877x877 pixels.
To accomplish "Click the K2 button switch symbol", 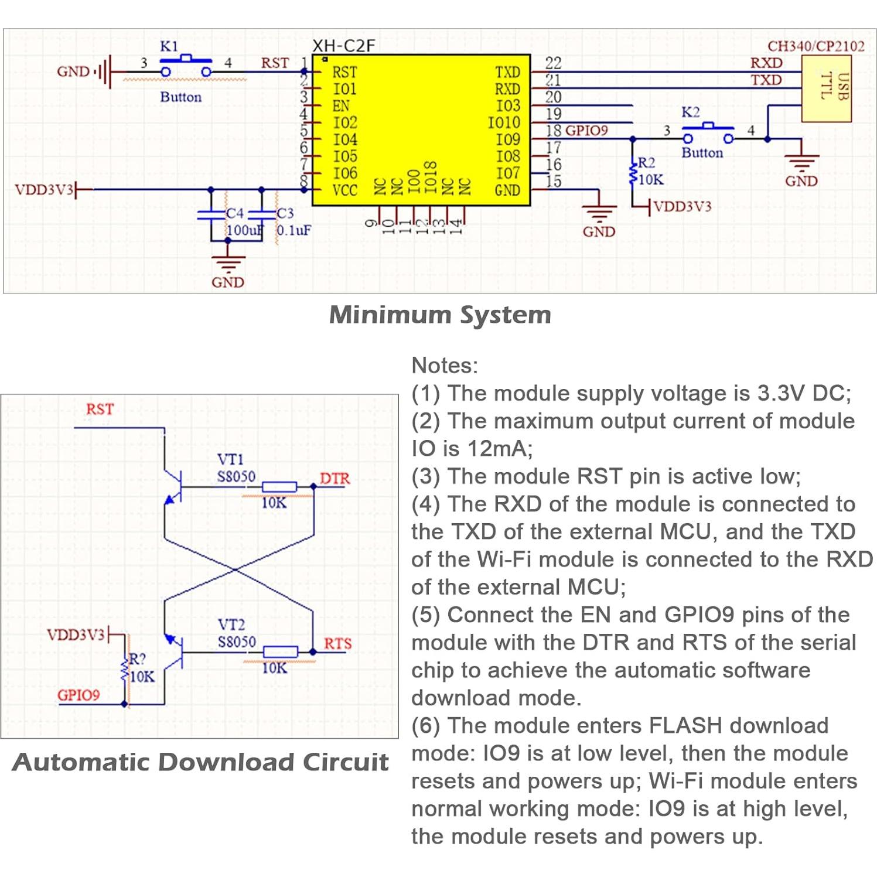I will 708,132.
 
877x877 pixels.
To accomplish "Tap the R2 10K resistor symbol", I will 633,174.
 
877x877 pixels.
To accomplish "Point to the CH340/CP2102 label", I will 815,46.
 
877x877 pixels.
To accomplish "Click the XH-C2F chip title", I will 343,46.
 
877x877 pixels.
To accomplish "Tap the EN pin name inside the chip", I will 341,106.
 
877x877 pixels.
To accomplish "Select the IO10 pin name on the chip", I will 504,122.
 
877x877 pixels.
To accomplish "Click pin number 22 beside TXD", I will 553,63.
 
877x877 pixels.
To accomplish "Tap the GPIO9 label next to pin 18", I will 586,131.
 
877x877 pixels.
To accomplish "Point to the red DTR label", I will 335,479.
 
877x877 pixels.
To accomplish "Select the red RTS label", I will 337,644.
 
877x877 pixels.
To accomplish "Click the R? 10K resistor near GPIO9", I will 124,668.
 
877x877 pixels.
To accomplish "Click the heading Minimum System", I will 440,315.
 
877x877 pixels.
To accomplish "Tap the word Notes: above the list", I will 445,366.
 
